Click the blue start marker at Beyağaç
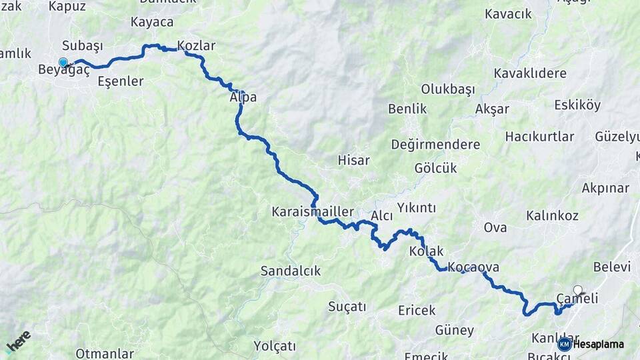pyautogui.click(x=63, y=63)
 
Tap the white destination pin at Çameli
pyautogui.click(x=577, y=291)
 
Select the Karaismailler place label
pyautogui.click(x=313, y=211)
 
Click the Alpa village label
pyautogui.click(x=243, y=97)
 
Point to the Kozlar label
pyautogui.click(x=196, y=46)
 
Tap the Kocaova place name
pyautogui.click(x=473, y=267)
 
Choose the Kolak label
pyautogui.click(x=426, y=251)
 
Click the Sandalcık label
pyautogui.click(x=290, y=271)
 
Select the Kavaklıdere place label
pyautogui.click(x=531, y=73)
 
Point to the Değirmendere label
pyautogui.click(x=435, y=145)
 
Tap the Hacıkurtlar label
pyautogui.click(x=539, y=137)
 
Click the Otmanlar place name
pyautogui.click(x=101, y=353)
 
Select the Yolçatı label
pyautogui.click(x=274, y=346)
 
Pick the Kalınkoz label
pyautogui.click(x=552, y=216)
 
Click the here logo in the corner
pyautogui.click(x=18, y=341)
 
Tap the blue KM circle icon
pyautogui.click(x=564, y=344)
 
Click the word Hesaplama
pyautogui.click(x=599, y=344)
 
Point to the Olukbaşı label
pyautogui.click(x=446, y=89)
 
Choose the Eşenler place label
pyautogui.click(x=121, y=81)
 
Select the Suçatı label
pyautogui.click(x=347, y=307)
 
